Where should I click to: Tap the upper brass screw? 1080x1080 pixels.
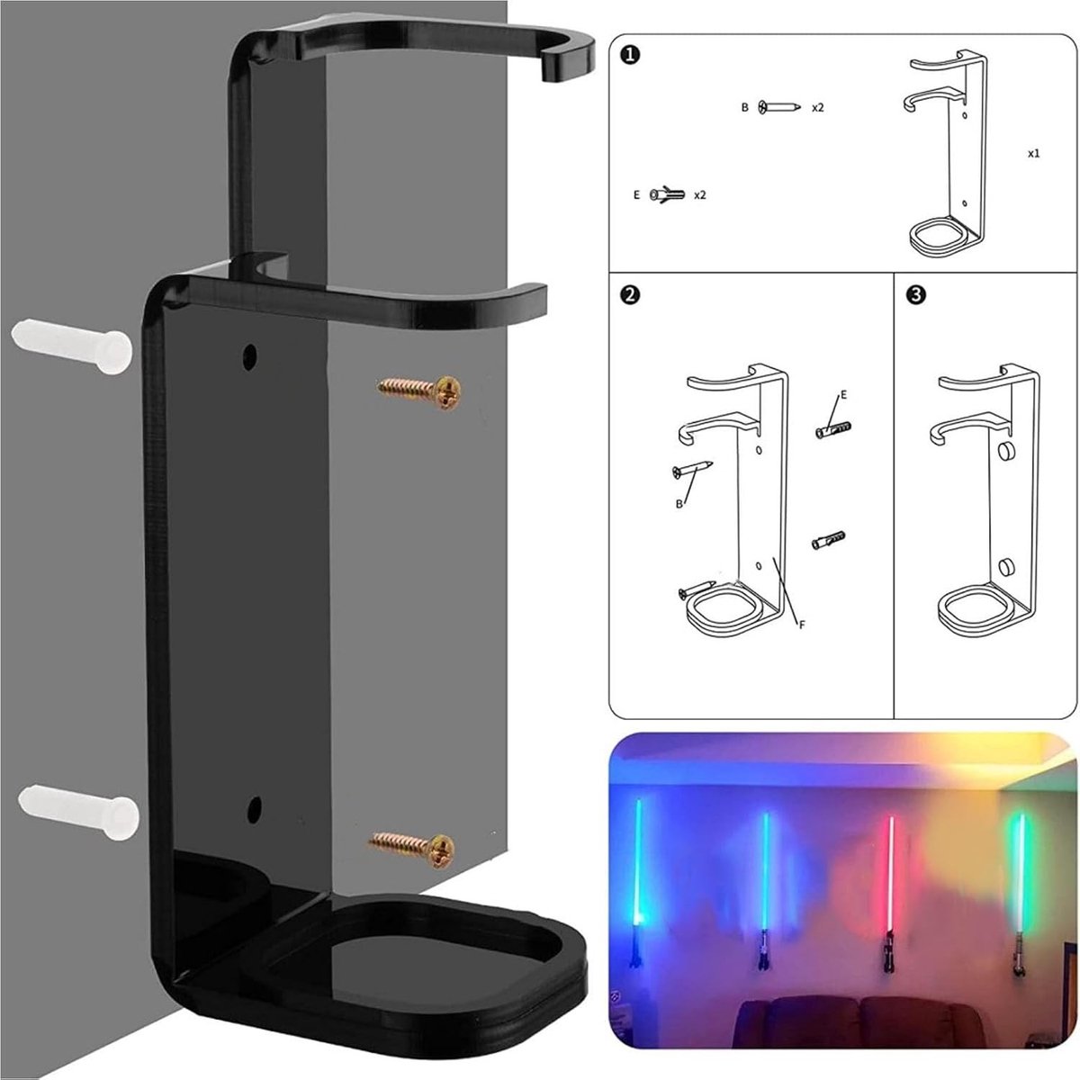[x=420, y=391]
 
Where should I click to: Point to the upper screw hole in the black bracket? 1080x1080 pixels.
[x=249, y=356]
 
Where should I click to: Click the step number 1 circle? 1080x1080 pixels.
[x=632, y=55]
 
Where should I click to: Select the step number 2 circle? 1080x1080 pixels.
[x=631, y=295]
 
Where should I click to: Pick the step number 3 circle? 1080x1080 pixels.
[x=916, y=295]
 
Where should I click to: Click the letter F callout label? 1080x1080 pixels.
[x=802, y=625]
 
